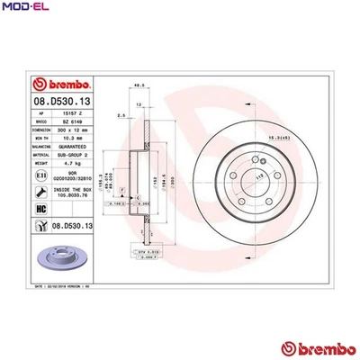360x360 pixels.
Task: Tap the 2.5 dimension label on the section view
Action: pyautogui.click(x=121, y=115)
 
